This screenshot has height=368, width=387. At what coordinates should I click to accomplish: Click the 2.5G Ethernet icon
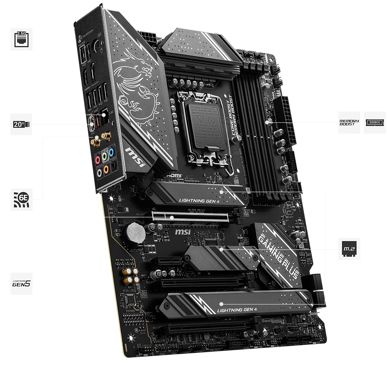click(x=21, y=39)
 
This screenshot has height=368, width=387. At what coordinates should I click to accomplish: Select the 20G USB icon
click(x=21, y=124)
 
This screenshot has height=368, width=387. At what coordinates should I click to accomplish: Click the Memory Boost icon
click(x=349, y=123)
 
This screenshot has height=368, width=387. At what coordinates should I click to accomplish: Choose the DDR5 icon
click(x=375, y=123)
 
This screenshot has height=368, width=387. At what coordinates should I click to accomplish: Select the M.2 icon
click(x=349, y=249)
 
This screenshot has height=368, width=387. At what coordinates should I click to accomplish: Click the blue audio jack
click(x=111, y=153)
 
